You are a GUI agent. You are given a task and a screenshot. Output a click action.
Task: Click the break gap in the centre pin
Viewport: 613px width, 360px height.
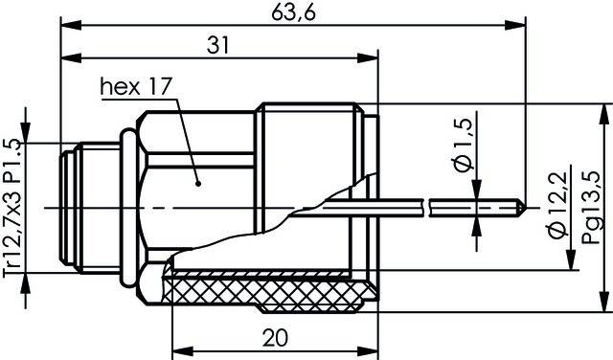click(426, 205)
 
